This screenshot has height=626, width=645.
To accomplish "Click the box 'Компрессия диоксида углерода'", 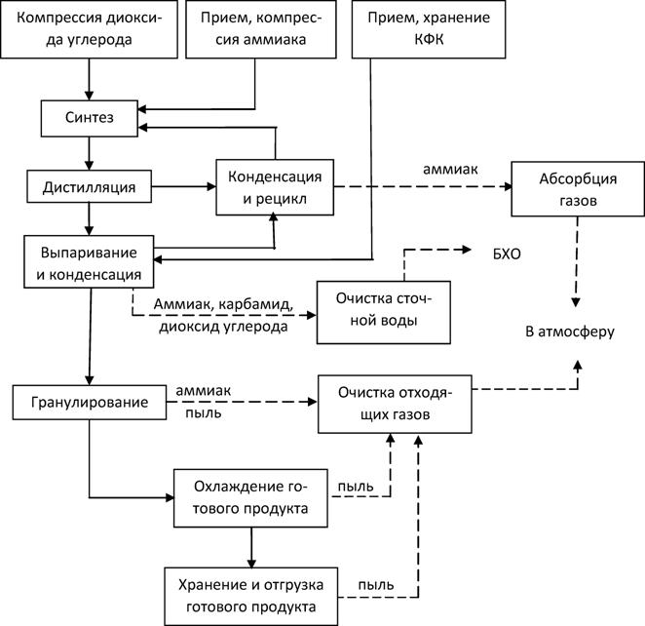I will [x=90, y=29].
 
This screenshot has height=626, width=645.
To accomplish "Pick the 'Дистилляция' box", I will [x=89, y=183].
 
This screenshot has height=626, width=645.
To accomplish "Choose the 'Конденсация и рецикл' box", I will [x=275, y=185].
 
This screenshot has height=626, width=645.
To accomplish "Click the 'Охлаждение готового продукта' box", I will [x=251, y=496].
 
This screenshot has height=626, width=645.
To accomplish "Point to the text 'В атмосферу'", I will [x=570, y=332].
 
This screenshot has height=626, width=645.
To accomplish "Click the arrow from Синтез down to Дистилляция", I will [x=90, y=152].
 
